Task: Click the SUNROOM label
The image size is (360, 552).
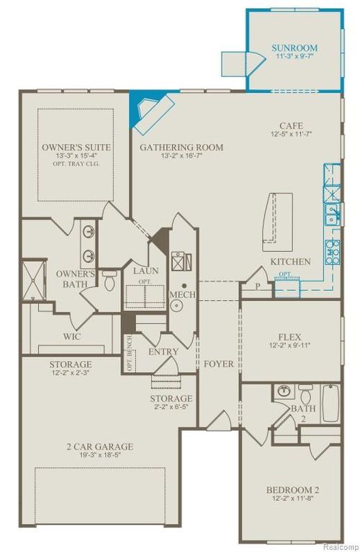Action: (294, 48)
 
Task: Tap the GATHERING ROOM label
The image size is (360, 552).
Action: (181, 148)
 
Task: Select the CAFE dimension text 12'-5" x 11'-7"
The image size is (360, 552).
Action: (289, 134)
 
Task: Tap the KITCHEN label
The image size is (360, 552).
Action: (291, 261)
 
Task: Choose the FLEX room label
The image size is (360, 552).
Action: (289, 337)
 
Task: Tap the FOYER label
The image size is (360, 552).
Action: (219, 364)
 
